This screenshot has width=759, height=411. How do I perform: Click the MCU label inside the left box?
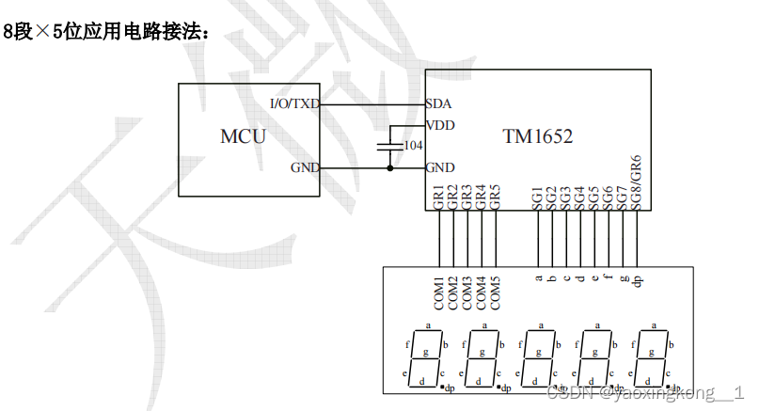tap(243, 136)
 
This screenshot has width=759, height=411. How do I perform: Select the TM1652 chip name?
tap(537, 136)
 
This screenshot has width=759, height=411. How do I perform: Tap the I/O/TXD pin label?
tap(293, 103)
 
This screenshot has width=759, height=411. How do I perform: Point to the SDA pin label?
tap(438, 103)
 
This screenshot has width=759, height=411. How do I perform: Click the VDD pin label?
tap(440, 125)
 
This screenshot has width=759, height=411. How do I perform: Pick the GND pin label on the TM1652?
tap(440, 168)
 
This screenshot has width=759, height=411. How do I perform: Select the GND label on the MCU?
tap(304, 168)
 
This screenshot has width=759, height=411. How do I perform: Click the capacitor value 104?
tap(412, 146)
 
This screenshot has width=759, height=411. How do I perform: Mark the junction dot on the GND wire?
tap(389, 168)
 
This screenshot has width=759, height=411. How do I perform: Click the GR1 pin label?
tap(439, 197)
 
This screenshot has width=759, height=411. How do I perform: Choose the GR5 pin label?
tap(496, 197)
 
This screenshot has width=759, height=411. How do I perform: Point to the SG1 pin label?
tap(538, 198)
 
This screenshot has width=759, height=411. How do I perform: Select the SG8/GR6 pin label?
tap(637, 183)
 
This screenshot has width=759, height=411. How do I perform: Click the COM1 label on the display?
tap(439, 292)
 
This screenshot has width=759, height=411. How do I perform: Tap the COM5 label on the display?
tap(496, 292)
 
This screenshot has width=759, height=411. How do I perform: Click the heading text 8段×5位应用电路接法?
tap(104, 32)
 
